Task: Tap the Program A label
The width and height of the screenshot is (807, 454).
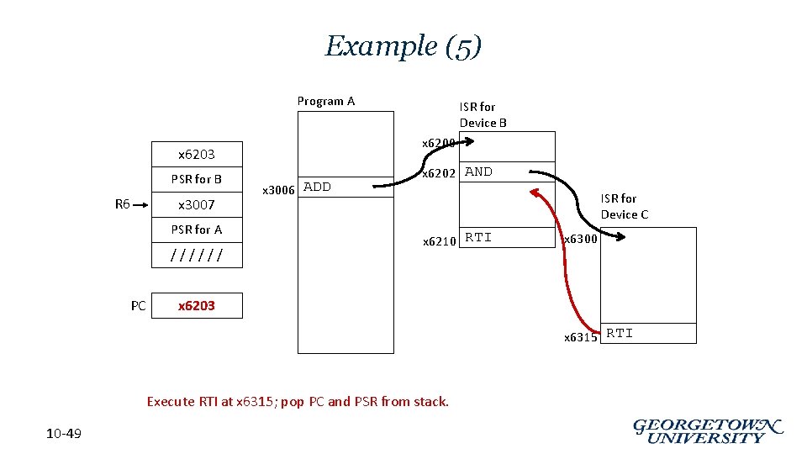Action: coord(326,101)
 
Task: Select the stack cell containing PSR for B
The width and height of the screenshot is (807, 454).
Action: coord(197,179)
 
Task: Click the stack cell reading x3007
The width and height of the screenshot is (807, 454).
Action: coord(197,204)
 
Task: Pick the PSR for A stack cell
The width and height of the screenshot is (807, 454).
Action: coord(197,230)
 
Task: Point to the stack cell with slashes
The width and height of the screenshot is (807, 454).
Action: coord(197,255)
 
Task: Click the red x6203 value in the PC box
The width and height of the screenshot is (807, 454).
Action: coord(197,306)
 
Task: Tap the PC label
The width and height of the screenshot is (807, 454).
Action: coord(139,306)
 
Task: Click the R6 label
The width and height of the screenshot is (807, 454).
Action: coord(123,203)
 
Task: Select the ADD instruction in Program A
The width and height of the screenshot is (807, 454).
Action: coord(317,187)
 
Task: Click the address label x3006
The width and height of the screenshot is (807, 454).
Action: coord(278,190)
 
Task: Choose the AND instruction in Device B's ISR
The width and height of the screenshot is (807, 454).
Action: coord(479,172)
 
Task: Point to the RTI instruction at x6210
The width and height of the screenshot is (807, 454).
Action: coord(478,237)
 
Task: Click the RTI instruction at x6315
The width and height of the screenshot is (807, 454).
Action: coord(620,333)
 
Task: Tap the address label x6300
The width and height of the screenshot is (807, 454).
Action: coord(580,240)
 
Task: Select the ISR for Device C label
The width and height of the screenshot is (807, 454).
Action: coord(624,206)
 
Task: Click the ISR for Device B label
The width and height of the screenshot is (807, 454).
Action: coord(483,114)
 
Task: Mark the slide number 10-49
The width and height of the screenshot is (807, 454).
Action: coord(64,434)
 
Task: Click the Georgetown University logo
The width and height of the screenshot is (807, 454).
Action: coord(707,430)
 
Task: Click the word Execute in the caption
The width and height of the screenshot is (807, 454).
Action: coord(171,402)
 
